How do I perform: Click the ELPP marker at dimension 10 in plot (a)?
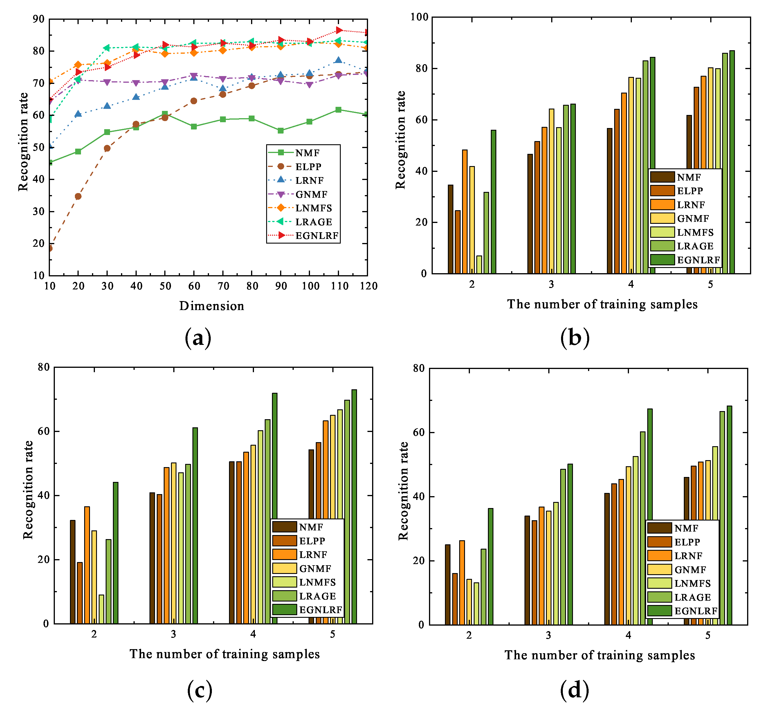click(50, 249)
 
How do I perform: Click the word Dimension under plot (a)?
click(211, 306)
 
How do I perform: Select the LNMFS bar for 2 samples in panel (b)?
click(479, 265)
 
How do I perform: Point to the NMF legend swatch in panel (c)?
click(284, 527)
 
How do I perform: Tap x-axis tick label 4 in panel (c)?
click(253, 634)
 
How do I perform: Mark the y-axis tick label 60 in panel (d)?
click(419, 433)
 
